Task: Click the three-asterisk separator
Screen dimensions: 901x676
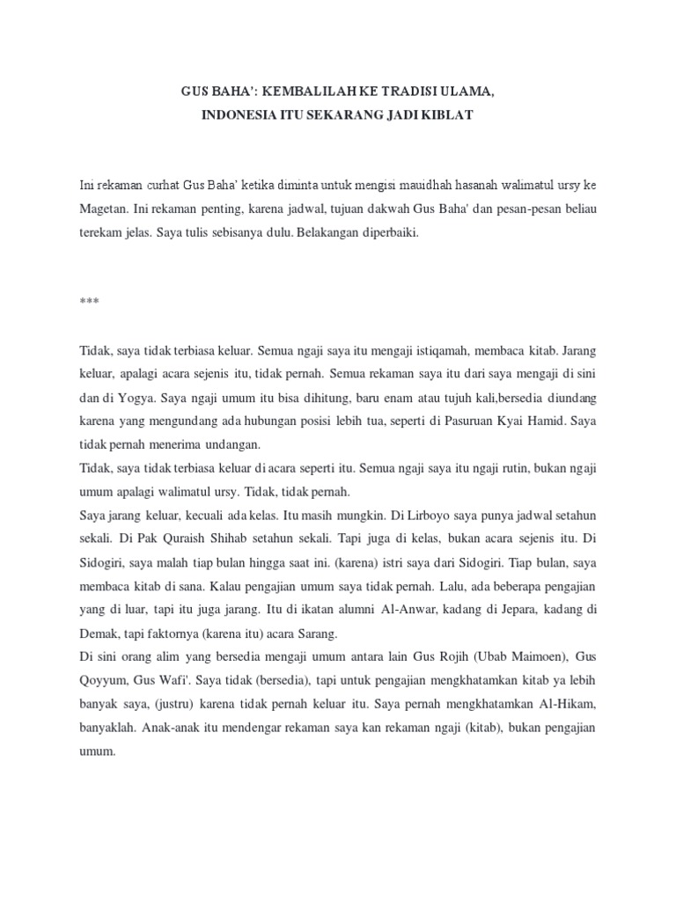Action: click(x=89, y=302)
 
